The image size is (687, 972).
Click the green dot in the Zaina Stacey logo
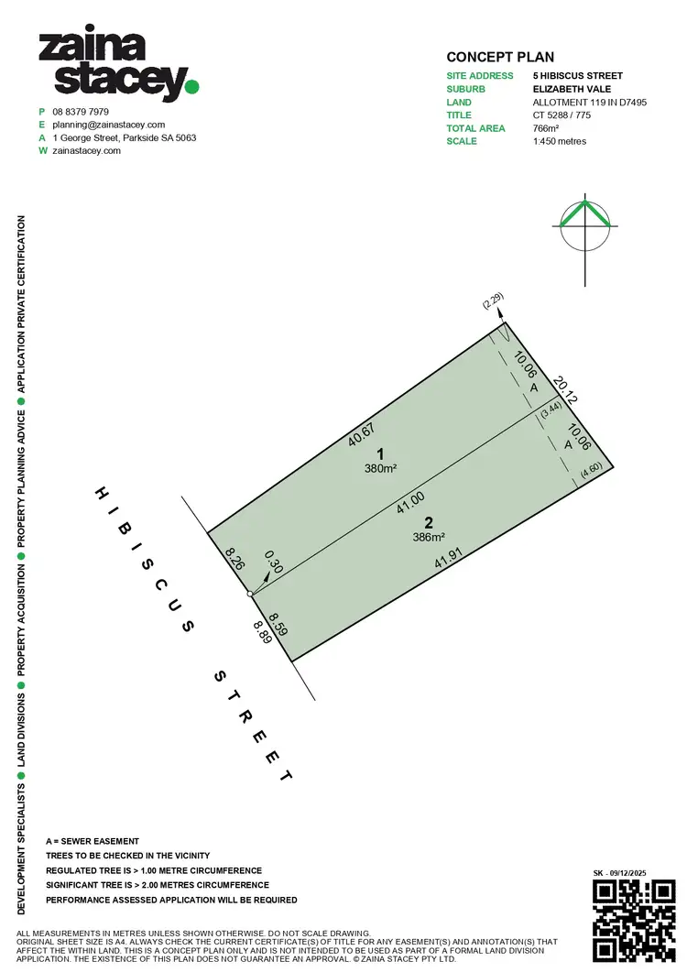(192, 87)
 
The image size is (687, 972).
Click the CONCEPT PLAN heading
(500, 57)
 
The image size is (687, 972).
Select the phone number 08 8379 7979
(81, 112)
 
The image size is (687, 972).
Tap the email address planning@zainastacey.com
(108, 125)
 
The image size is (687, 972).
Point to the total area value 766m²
(546, 128)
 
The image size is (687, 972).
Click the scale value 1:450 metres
(560, 141)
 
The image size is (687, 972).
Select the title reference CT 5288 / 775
(562, 115)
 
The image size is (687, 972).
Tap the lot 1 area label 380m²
(381, 469)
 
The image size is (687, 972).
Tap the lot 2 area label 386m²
(429, 538)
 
